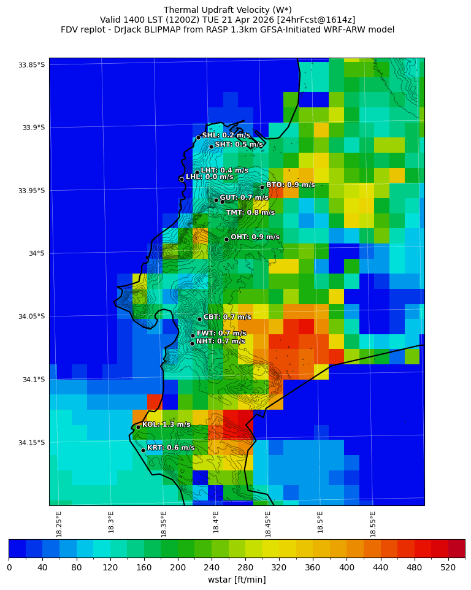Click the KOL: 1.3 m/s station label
click(x=166, y=424)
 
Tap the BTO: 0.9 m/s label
click(x=290, y=185)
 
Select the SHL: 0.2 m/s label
click(x=226, y=135)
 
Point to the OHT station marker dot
click(x=226, y=239)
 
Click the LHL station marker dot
click(x=182, y=179)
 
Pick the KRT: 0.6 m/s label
click(x=170, y=448)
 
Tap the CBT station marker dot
click(x=199, y=319)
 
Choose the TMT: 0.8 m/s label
click(x=250, y=213)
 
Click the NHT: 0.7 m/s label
click(x=220, y=342)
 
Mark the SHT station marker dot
click(x=211, y=147)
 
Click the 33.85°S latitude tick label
click(x=31, y=65)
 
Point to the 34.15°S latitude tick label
click(x=31, y=443)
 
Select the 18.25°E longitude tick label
click(x=59, y=524)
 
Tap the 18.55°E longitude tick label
click(x=373, y=524)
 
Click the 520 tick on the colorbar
click(x=448, y=567)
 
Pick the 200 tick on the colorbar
click(x=178, y=567)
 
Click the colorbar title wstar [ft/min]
click(x=237, y=580)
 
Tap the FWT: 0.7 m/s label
click(x=221, y=334)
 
